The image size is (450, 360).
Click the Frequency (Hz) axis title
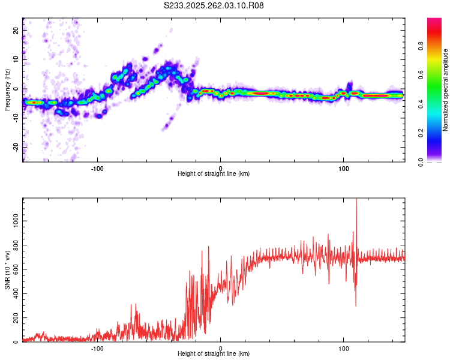[x=7, y=90]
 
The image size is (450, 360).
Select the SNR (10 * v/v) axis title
[x=7, y=270]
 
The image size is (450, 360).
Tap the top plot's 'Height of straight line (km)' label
[x=214, y=173]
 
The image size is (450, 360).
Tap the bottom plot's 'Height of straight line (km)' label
[x=214, y=353]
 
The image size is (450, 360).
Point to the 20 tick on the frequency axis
[x=16, y=30]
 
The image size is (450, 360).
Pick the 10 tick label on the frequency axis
[x=16, y=59]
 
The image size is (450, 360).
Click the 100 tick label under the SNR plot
[x=344, y=347]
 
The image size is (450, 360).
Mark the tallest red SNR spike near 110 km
[x=356, y=200]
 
